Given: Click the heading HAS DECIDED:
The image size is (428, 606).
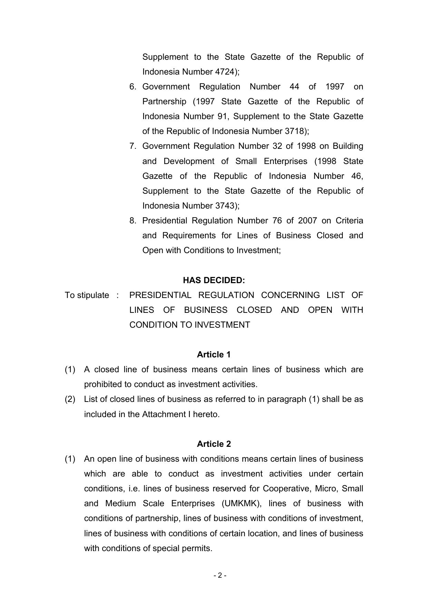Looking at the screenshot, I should click(214, 280).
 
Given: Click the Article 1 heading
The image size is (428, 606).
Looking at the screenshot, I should click(214, 355).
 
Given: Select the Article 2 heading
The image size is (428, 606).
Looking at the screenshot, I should click(214, 444).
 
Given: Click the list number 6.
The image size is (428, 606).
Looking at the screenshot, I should click(133, 87).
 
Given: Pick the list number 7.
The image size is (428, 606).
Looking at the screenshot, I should click(133, 146).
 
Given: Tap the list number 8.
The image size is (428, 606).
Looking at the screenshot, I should click(133, 221).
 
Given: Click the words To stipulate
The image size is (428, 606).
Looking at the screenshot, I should click(87, 295).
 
